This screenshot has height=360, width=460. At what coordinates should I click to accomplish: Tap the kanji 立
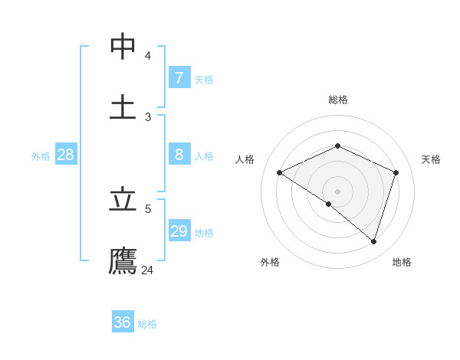coord(123,200)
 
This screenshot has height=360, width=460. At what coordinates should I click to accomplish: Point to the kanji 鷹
coord(123,260)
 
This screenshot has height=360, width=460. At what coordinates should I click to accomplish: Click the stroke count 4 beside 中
coord(148,56)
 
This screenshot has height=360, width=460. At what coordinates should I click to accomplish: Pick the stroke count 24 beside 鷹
coord(148,270)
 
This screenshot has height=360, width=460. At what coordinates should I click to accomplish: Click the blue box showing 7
coord(179,78)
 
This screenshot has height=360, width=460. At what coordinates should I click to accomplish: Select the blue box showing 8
coord(179,155)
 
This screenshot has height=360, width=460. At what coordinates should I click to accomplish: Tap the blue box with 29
coord(179,231)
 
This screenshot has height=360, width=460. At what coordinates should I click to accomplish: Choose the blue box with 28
coord(66,155)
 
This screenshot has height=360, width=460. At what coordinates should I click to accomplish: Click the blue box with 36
coord(123,322)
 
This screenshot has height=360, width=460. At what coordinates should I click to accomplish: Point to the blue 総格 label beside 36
coord(147,324)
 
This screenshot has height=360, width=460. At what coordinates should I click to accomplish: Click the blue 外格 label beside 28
coord(41,156)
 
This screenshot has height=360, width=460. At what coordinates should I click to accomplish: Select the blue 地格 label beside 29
coord(204,233)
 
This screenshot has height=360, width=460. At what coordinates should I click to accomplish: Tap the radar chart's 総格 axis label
coord(337,100)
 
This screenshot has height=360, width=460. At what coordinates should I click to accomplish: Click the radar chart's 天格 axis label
coord(431,159)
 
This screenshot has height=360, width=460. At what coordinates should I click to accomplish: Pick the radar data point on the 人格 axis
coord(280,173)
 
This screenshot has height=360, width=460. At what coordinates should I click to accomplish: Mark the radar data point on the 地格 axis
coord(373,241)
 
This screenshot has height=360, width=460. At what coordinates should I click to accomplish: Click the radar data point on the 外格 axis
coord(329,204)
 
